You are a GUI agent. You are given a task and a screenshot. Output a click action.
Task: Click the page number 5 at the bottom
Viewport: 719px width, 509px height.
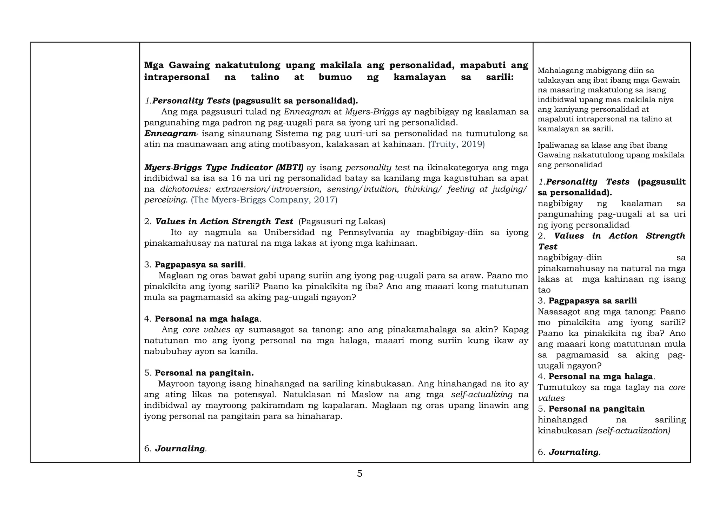click(x=359, y=474)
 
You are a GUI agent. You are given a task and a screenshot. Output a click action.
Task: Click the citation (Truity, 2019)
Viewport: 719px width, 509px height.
click(x=456, y=144)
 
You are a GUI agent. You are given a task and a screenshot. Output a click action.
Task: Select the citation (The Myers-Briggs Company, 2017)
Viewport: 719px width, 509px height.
click(x=264, y=200)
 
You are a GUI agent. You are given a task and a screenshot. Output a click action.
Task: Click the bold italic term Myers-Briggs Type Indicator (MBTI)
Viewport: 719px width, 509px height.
click(x=224, y=167)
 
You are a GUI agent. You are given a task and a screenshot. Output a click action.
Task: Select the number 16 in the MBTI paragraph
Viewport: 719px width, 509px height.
click(x=236, y=178)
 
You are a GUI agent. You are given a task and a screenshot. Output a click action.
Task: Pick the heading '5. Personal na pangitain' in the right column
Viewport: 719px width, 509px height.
click(x=591, y=409)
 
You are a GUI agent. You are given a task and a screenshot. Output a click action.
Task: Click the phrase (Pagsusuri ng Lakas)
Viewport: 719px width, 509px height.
click(x=342, y=222)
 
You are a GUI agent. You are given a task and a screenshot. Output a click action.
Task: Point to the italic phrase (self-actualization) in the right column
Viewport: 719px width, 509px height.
click(x=633, y=431)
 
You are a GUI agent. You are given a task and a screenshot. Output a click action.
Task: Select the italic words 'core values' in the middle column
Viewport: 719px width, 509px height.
click(x=206, y=330)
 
